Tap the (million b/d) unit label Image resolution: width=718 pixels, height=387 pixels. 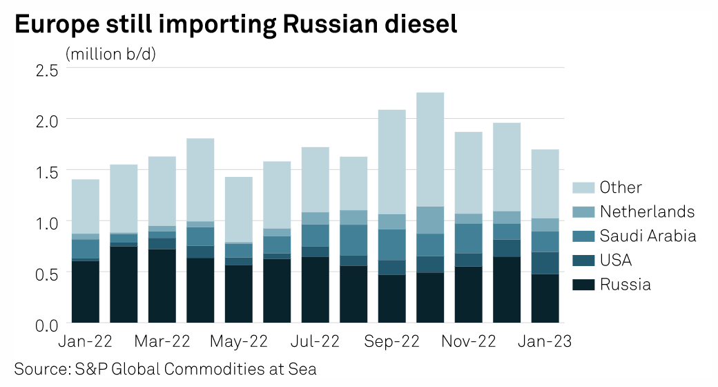point(110,53)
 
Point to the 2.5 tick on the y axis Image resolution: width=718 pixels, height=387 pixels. point(47,69)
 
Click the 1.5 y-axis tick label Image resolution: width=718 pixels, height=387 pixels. point(47,171)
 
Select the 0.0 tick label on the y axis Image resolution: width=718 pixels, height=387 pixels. point(47,323)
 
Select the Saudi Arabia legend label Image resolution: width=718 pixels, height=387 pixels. point(648,236)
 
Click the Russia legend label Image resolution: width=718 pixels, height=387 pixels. point(625,284)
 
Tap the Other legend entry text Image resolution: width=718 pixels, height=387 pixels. point(621,187)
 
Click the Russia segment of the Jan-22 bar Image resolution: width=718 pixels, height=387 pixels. point(86,292)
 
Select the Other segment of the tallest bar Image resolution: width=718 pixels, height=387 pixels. point(430,149)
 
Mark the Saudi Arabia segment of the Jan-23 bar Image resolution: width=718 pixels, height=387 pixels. point(545,241)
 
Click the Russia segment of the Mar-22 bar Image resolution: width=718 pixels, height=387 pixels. point(162,285)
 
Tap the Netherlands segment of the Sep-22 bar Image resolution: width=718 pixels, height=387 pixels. point(392,221)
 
